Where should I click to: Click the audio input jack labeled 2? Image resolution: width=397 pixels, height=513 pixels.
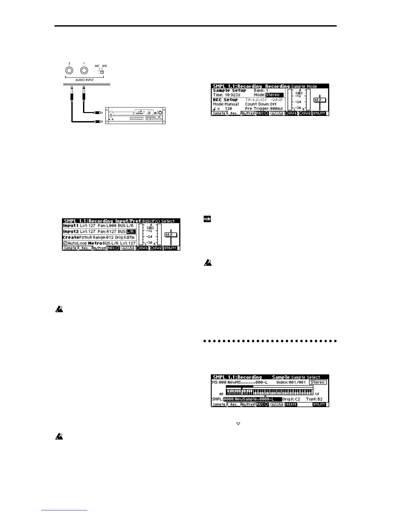(x=69, y=71)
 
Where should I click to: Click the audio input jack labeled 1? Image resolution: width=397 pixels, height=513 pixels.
(x=84, y=71)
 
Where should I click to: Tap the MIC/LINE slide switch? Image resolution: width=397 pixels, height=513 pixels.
(x=101, y=72)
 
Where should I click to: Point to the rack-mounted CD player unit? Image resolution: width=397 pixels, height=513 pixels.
(x=135, y=115)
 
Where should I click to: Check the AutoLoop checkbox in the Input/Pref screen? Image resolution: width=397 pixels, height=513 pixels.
(x=65, y=243)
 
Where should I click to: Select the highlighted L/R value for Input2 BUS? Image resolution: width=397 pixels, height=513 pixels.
(x=131, y=232)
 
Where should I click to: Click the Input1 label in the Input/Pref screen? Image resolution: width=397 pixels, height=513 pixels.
(x=71, y=225)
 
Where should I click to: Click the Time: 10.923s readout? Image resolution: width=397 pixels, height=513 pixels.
(x=227, y=95)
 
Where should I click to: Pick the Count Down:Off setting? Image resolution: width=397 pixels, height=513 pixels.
(x=261, y=104)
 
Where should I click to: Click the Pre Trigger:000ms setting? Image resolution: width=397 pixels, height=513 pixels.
(x=264, y=109)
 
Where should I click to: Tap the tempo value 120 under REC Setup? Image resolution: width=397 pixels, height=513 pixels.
(x=228, y=109)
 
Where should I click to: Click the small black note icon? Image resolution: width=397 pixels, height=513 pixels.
(x=207, y=219)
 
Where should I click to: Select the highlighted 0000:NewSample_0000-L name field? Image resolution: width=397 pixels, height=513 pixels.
(x=248, y=399)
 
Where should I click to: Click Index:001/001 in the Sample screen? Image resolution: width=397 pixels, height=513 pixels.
(x=291, y=382)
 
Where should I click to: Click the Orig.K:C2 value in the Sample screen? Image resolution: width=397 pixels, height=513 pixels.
(x=291, y=399)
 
